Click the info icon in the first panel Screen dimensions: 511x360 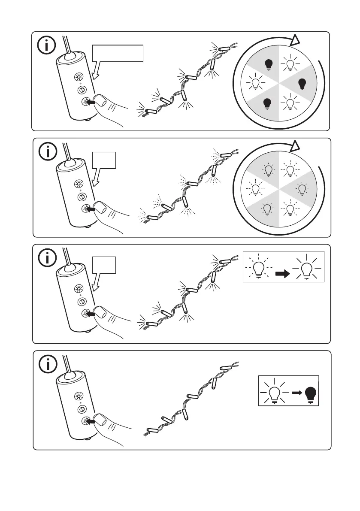pyautogui.click(x=46, y=46)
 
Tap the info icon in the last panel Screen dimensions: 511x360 pyautogui.click(x=48, y=365)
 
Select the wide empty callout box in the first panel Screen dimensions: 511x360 pyautogui.click(x=117, y=53)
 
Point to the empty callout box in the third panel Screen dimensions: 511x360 pyautogui.click(x=104, y=266)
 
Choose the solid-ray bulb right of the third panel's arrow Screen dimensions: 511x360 pyautogui.click(x=306, y=269)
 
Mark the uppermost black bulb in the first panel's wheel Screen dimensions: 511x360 pyautogui.click(x=269, y=64)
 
